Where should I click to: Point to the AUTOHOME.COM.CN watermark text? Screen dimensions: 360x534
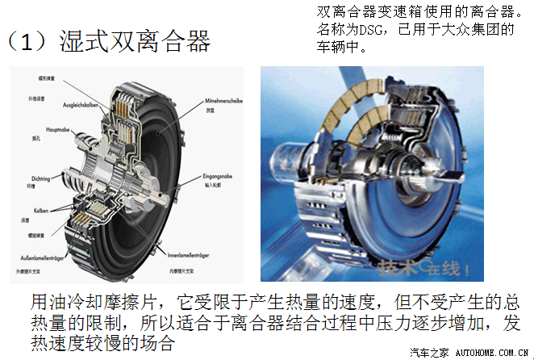pos(492,353)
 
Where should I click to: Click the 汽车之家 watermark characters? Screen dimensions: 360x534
pos(427,353)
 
